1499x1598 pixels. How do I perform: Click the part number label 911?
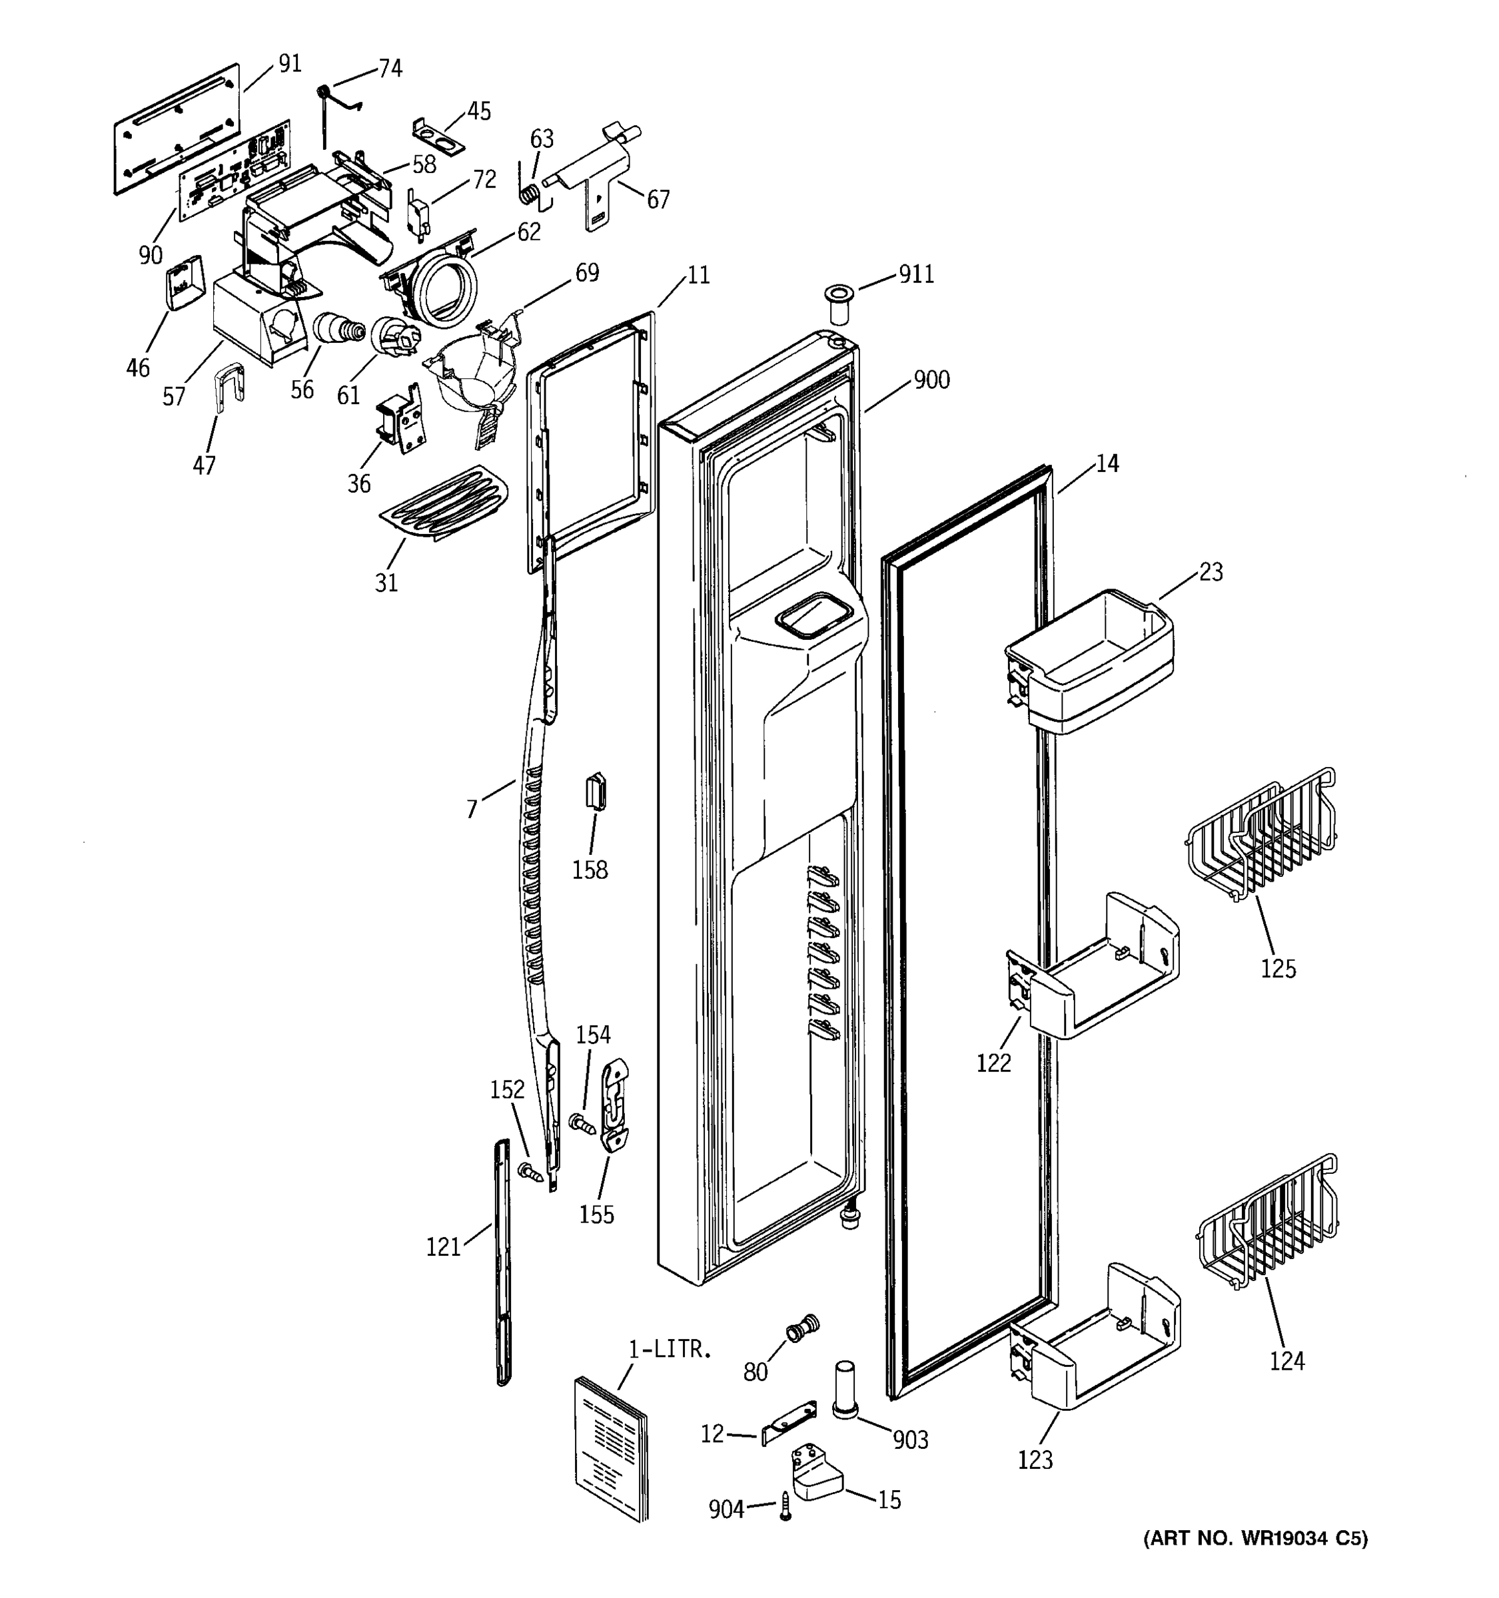[x=916, y=275]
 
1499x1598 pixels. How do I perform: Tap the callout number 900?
[x=931, y=380]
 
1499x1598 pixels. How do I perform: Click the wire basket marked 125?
[x=1261, y=836]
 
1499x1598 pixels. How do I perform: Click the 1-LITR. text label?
[x=670, y=1349]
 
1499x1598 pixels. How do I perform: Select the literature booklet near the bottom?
[x=611, y=1447]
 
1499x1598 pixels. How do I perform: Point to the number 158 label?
[x=590, y=870]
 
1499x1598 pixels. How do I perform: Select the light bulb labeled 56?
[x=336, y=330]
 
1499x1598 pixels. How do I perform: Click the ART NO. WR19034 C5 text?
[x=1255, y=1537]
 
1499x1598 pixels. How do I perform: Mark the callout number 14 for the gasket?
[x=1107, y=464]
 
